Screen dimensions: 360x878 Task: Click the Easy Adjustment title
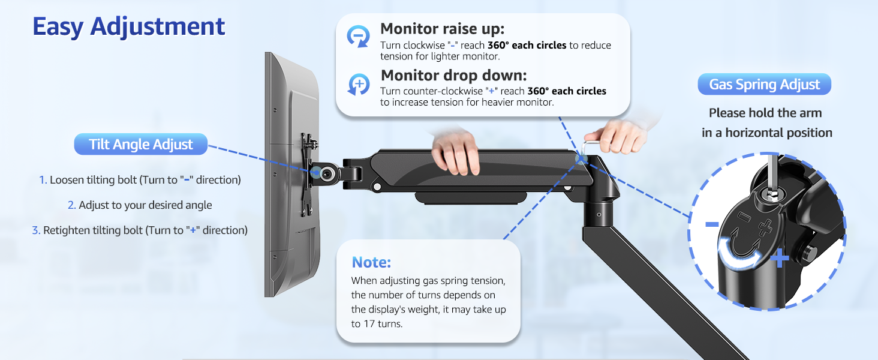[x=128, y=27]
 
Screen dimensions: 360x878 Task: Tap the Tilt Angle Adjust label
[x=141, y=145]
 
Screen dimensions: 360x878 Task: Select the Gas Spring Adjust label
[x=764, y=85]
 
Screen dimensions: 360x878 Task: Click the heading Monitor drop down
[x=453, y=76]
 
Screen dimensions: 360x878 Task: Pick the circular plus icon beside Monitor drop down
[x=359, y=85]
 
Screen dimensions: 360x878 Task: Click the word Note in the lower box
[x=371, y=262]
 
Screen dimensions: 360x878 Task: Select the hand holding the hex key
[x=618, y=135]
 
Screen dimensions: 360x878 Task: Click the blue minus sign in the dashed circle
[x=712, y=224]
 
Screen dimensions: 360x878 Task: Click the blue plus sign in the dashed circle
[x=779, y=259]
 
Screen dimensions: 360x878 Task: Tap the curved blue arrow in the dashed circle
[x=741, y=256]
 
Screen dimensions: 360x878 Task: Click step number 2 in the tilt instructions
[x=71, y=205]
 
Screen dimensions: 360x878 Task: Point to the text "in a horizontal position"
[x=767, y=133]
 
